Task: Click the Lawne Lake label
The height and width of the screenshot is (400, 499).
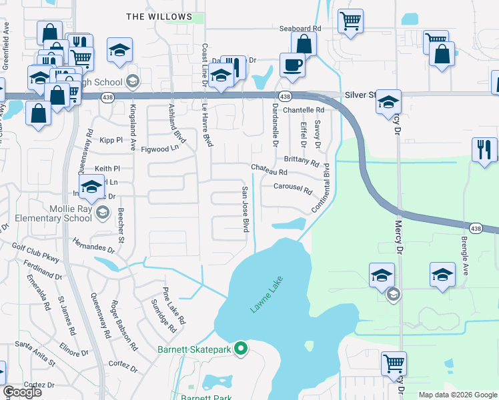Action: coord(268,295)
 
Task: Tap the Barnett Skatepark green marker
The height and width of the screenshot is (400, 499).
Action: coord(241,349)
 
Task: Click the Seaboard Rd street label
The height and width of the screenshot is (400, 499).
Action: coord(300,29)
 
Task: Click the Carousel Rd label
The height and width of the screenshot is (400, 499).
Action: coord(293,187)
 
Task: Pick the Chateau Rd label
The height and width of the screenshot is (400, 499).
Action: coord(269,171)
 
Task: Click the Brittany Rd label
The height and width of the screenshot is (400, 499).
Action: coord(302,161)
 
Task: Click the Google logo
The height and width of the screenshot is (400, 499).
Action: coord(22,392)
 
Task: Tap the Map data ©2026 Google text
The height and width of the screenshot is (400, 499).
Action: coord(457,395)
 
